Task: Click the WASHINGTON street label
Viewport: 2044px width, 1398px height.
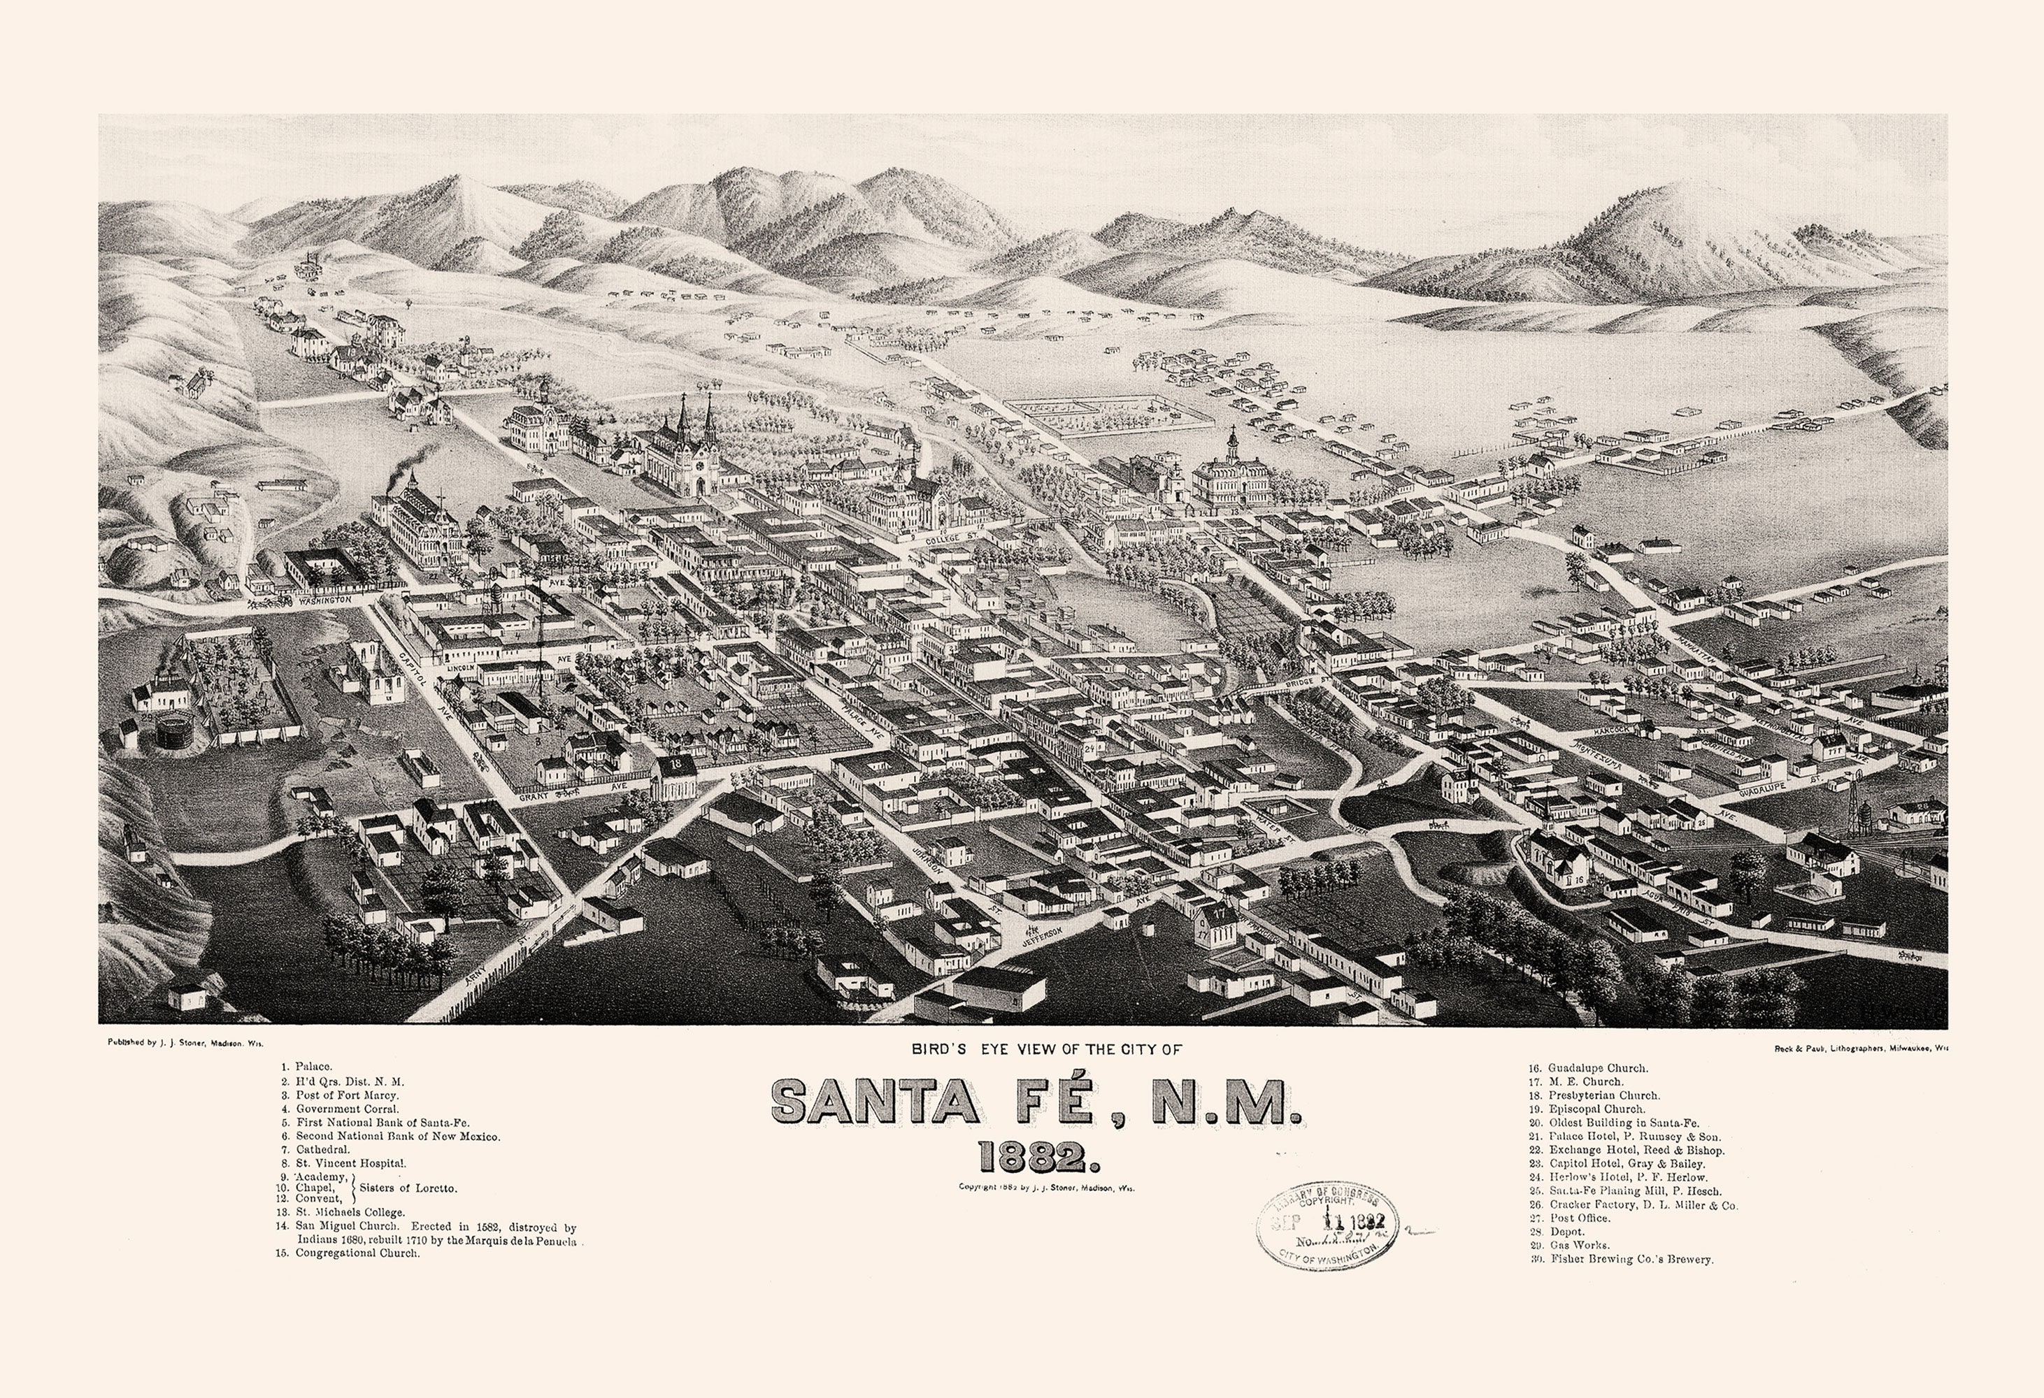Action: tap(324, 600)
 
